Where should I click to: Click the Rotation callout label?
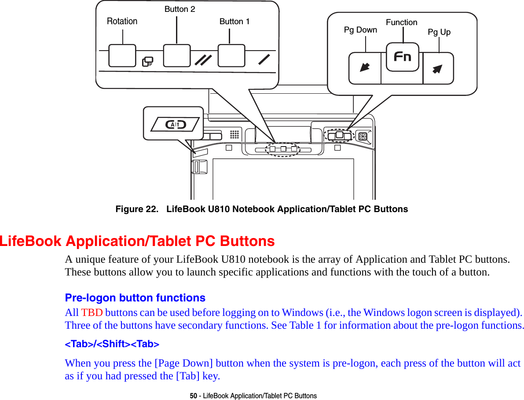pyautogui.click(x=122, y=21)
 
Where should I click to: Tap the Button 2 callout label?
pyautogui.click(x=180, y=9)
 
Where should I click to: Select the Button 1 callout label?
pyautogui.click(x=235, y=21)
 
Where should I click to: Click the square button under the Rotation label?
pyautogui.click(x=122, y=55)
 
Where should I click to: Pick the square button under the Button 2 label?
pyautogui.click(x=177, y=55)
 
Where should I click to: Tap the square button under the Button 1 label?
pyautogui.click(x=231, y=55)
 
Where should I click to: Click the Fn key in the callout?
pyautogui.click(x=402, y=57)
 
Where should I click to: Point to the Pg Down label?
pyautogui.click(x=360, y=30)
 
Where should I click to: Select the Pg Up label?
pyautogui.click(x=439, y=32)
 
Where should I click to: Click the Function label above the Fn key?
pyautogui.click(x=401, y=22)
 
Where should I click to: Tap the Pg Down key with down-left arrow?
pyautogui.click(x=365, y=68)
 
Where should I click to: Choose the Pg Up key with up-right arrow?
pyautogui.click(x=438, y=68)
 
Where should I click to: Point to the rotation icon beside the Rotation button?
pyautogui.click(x=148, y=62)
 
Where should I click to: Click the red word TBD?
pyautogui.click(x=92, y=313)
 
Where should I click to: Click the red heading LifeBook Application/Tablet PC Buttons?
pyautogui.click(x=137, y=241)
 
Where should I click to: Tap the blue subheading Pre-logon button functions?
pyautogui.click(x=135, y=298)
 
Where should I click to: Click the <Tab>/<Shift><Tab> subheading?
pyautogui.click(x=112, y=344)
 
